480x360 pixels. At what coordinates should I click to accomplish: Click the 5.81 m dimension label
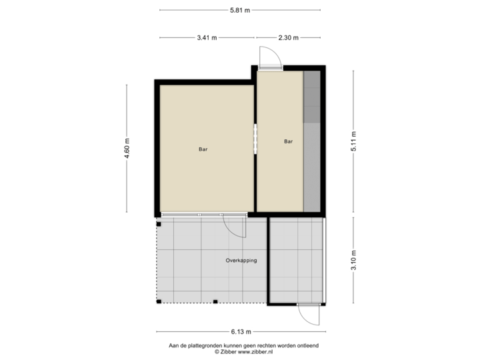239,10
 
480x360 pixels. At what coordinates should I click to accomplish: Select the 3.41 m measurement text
207,38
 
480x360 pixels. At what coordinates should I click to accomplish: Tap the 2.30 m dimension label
289,38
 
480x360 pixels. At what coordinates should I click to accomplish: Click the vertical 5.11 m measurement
353,141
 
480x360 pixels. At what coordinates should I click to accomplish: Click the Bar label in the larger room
203,149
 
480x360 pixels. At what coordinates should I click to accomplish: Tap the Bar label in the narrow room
289,141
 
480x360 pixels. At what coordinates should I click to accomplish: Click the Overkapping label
241,261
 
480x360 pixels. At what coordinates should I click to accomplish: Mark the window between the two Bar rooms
255,139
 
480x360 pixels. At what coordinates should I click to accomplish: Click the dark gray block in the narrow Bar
311,97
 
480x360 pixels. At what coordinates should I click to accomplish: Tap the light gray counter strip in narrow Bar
311,167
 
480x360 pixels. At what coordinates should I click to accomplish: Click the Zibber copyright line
244,351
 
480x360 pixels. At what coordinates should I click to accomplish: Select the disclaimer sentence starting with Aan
244,345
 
